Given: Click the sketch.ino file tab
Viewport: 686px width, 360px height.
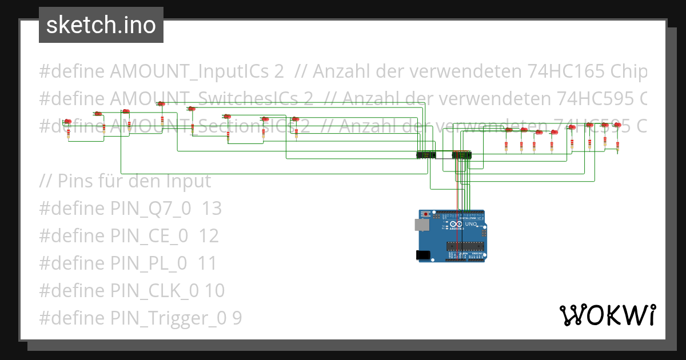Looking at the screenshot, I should coord(101,25).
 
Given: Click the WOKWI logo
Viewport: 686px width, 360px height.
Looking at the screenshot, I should coord(607,315).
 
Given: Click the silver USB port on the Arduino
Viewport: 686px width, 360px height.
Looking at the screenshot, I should coord(421,225).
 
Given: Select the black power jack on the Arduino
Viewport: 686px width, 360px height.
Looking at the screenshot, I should coord(423,255).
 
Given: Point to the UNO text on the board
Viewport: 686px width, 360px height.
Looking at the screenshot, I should coord(470,225).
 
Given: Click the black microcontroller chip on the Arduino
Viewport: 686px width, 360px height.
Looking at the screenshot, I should coord(465,246).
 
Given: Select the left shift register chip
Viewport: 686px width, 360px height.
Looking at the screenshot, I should coord(426,155).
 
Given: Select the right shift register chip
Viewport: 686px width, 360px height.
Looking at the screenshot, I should coord(462,155).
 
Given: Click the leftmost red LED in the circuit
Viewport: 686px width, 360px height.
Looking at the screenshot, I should coord(67,121).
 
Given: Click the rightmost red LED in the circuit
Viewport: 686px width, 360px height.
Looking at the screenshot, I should coord(617,125).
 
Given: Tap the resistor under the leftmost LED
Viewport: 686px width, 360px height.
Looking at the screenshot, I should coord(69,134).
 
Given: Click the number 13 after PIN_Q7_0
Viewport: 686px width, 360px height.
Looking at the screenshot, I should coord(212,209).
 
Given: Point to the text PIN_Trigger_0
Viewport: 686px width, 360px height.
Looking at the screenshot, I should coord(170,318).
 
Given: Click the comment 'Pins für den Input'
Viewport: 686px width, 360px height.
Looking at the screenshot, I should coord(125,181).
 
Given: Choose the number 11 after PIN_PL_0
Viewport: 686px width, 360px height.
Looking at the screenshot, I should coord(207,263).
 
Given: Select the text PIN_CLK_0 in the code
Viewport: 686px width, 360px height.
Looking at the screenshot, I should coord(155,291).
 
